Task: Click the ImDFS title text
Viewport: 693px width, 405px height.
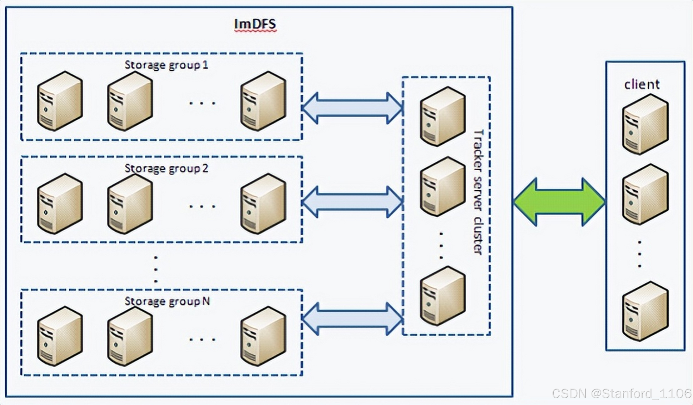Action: (x=255, y=24)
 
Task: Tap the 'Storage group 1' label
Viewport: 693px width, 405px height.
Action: (x=166, y=65)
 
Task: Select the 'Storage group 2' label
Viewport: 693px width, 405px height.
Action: (x=166, y=168)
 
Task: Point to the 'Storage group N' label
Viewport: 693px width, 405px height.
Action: (x=167, y=301)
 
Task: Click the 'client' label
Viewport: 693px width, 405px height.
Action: (x=642, y=84)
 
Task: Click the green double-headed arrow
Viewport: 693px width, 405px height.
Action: (x=559, y=202)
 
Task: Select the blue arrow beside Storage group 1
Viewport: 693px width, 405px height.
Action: (x=352, y=108)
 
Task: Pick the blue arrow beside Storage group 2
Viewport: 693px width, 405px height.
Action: (x=352, y=202)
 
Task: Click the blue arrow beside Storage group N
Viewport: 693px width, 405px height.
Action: (x=352, y=319)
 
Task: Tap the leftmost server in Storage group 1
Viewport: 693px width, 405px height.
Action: (x=60, y=101)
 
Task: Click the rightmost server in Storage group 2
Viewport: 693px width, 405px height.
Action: (x=263, y=203)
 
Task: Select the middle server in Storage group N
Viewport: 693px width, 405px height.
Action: (x=130, y=336)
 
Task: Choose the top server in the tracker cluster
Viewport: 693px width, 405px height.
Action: (x=443, y=116)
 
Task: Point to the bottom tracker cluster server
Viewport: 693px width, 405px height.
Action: (x=443, y=296)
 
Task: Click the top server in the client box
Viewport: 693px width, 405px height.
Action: (x=645, y=124)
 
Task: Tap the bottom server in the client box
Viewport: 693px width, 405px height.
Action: (x=645, y=311)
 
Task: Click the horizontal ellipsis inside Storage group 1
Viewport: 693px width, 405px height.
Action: (x=202, y=103)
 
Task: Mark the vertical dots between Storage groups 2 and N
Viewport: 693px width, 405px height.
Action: (x=155, y=269)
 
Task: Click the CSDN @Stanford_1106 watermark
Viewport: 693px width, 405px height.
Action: (x=621, y=393)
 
